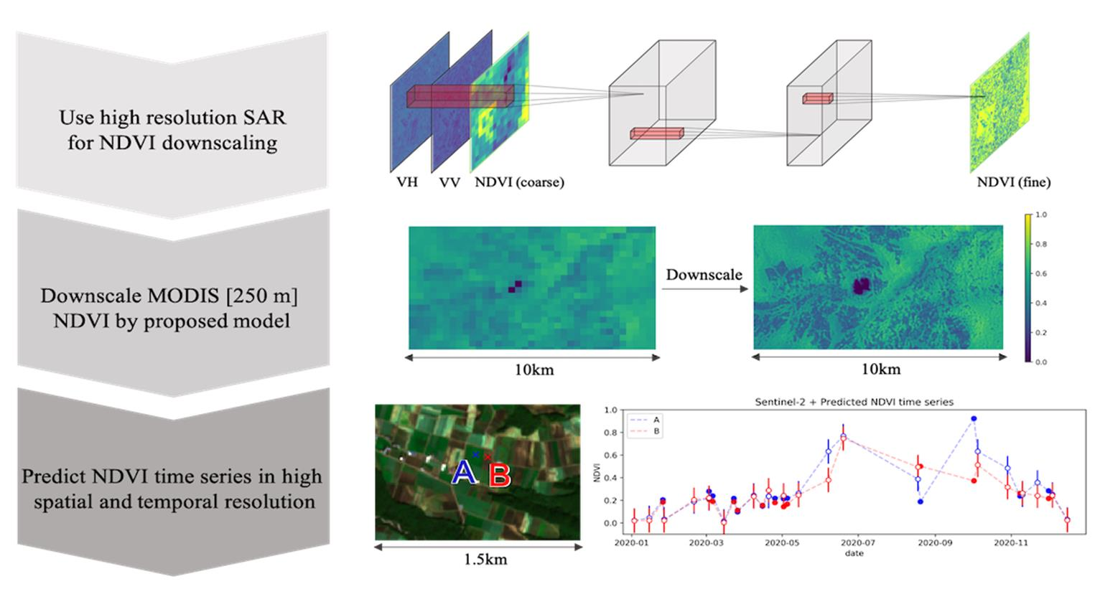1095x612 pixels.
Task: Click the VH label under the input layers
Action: point(407,182)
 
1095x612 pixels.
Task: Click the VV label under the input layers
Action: point(449,182)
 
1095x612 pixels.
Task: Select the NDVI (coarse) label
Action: point(519,182)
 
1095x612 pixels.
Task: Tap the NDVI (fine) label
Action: point(1013,182)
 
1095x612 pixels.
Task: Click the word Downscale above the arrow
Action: point(704,274)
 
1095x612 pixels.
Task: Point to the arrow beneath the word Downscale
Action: point(704,289)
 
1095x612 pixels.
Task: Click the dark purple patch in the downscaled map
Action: point(860,286)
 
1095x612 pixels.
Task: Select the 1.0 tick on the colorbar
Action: point(1040,215)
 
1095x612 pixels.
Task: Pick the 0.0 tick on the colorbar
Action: point(1040,362)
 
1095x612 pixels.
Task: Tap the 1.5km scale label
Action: point(485,560)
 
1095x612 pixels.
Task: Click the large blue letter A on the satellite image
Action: point(464,474)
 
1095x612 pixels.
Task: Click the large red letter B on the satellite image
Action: point(499,476)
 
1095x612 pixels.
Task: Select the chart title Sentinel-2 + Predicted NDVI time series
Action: point(854,402)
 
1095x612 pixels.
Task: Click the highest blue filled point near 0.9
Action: point(974,418)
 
